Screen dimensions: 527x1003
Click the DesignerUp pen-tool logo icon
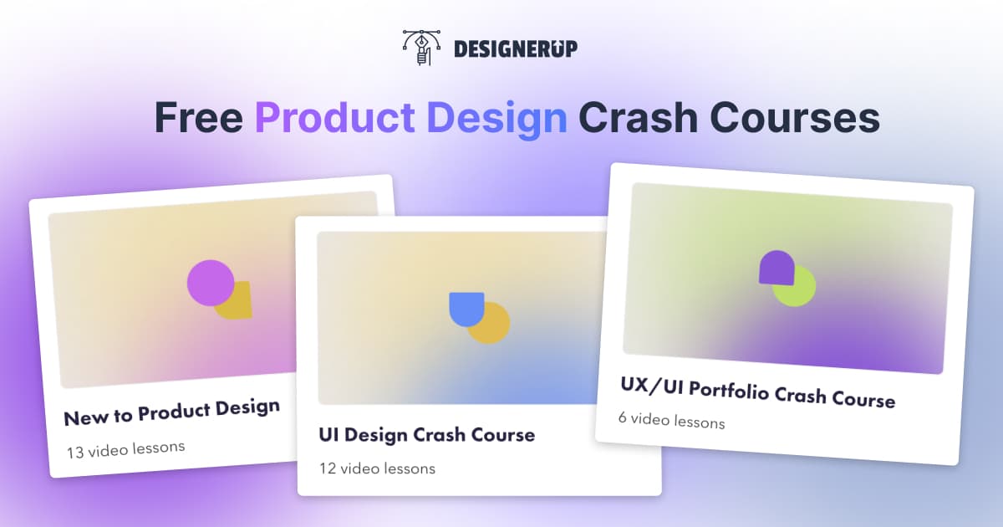[421, 49]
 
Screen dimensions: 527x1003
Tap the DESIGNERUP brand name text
[515, 49]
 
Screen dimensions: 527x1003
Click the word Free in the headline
[198, 118]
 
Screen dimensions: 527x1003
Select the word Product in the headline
[334, 118]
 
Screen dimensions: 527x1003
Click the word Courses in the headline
[793, 118]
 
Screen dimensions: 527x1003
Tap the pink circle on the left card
[210, 283]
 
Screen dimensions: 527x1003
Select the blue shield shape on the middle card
[466, 307]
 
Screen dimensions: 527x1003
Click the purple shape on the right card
[775, 266]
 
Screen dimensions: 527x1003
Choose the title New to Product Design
[172, 411]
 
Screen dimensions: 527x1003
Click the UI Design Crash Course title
[426, 435]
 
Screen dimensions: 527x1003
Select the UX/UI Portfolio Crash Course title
[757, 391]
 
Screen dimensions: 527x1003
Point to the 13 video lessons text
[125, 448]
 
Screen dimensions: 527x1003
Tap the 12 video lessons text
[377, 468]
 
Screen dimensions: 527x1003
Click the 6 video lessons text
[671, 420]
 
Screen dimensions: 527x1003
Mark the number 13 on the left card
[75, 452]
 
